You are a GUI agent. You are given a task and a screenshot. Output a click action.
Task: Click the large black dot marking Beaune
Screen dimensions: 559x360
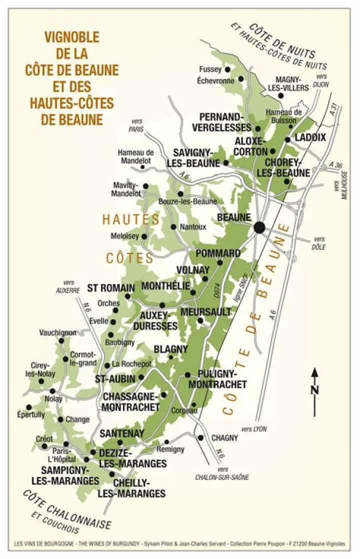point(259,227)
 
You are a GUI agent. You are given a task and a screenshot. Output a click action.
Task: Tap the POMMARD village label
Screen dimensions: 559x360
point(218,253)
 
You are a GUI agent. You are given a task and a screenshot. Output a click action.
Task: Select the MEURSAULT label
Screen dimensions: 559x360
point(206,312)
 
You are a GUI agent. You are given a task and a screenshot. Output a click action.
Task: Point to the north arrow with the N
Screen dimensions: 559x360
point(314,392)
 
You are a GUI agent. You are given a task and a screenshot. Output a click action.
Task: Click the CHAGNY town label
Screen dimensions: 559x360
point(225,438)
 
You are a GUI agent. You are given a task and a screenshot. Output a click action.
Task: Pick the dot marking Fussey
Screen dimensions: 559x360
point(227,69)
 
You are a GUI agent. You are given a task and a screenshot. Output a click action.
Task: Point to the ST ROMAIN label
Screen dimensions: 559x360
point(111,288)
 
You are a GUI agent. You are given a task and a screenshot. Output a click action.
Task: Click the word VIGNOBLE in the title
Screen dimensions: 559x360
point(72,36)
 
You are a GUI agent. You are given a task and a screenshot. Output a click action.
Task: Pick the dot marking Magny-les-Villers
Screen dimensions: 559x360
point(281,95)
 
